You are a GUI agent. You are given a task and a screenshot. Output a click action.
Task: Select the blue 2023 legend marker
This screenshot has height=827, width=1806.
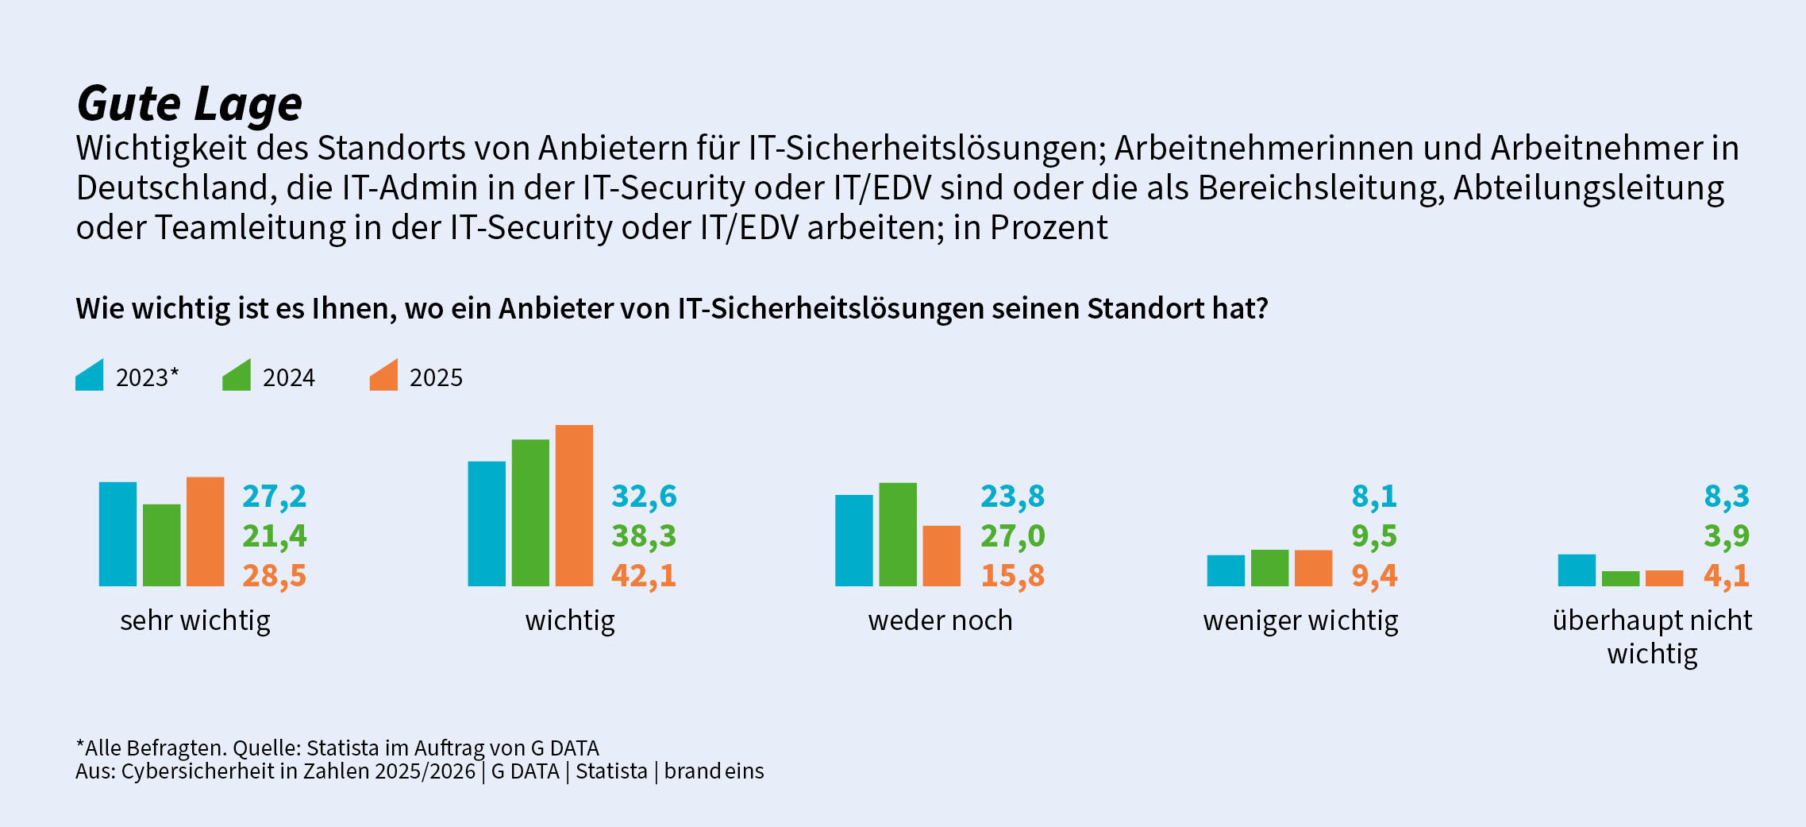pos(90,376)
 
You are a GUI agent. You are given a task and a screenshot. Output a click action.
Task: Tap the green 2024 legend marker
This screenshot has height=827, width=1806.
pos(237,376)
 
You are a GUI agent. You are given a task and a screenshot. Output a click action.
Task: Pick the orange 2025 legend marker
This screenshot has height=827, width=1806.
pos(384,376)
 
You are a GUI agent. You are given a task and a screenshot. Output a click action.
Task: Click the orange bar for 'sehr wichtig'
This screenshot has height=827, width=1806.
pos(206,531)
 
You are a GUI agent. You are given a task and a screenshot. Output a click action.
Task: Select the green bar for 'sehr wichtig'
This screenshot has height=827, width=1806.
pos(162,545)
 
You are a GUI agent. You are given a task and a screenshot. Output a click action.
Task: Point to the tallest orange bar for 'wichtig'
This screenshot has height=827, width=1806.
pos(575,505)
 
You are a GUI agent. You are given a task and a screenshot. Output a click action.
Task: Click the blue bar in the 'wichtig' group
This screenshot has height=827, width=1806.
pos(487,524)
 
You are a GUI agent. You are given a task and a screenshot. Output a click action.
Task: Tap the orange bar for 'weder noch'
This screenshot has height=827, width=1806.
pos(942,556)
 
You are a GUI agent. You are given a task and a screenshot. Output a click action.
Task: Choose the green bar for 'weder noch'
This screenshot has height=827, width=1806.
pos(898,535)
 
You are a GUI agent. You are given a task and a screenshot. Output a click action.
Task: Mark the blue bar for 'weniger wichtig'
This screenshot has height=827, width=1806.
pos(1226,570)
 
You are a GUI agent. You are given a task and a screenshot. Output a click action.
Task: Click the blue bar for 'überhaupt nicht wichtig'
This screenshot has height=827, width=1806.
pos(1577,570)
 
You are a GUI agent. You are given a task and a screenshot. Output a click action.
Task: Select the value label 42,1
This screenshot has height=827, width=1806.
pos(644,576)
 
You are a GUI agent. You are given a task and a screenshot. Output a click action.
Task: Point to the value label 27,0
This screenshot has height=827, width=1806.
pos(1013,536)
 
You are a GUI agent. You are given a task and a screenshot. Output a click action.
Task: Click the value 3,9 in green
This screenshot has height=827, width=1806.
pos(1727,536)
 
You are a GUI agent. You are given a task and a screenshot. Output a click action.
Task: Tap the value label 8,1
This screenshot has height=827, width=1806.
pos(1374,497)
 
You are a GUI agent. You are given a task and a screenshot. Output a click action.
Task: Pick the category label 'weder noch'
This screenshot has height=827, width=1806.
pos(941,620)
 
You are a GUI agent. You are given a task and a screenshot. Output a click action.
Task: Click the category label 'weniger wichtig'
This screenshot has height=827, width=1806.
pos(1301,621)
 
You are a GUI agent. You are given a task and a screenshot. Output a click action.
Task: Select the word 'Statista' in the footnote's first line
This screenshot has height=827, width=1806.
pos(343,748)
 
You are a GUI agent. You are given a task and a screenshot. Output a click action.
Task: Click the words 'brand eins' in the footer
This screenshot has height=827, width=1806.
pos(714,771)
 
